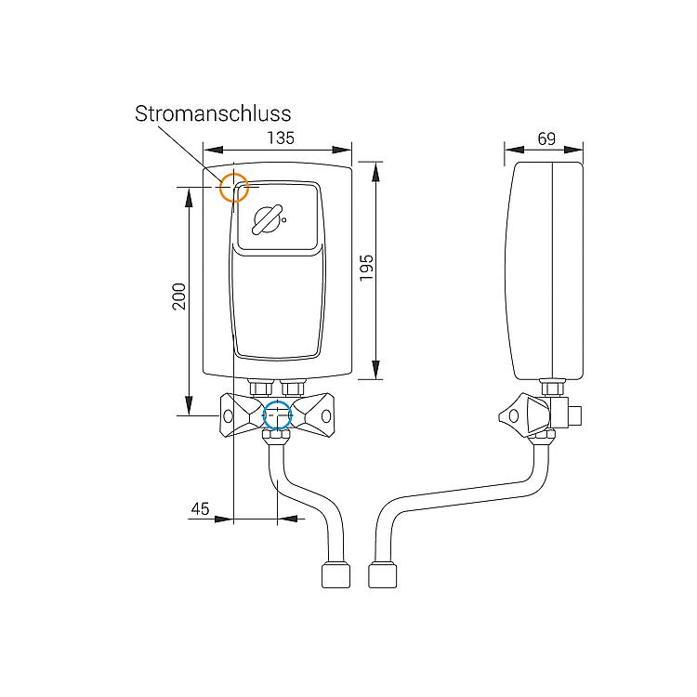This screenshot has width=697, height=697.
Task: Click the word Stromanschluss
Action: [213, 113]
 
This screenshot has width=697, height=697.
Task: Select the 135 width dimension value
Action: [281, 138]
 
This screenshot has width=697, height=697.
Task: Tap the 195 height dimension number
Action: [367, 268]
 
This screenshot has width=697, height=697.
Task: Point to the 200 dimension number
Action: [179, 296]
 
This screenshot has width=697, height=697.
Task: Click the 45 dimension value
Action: [200, 508]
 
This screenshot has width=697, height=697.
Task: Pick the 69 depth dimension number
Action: [546, 138]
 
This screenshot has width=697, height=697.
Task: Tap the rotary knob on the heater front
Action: [267, 220]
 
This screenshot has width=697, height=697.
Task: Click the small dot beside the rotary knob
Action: [284, 219]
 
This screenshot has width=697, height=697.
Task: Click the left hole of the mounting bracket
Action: [228, 416]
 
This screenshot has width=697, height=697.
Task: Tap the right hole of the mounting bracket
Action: [326, 416]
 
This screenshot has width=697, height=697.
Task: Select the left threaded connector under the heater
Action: [261, 388]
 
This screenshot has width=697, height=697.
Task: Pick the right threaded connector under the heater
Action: [293, 388]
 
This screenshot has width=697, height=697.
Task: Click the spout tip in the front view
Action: [335, 575]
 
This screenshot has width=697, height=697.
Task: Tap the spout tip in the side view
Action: [383, 575]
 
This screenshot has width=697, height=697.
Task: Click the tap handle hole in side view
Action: [513, 416]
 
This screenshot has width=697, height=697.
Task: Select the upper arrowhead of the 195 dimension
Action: [376, 172]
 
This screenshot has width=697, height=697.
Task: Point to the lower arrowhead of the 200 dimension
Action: [189, 405]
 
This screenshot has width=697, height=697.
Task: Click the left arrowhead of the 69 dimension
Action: [514, 150]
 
